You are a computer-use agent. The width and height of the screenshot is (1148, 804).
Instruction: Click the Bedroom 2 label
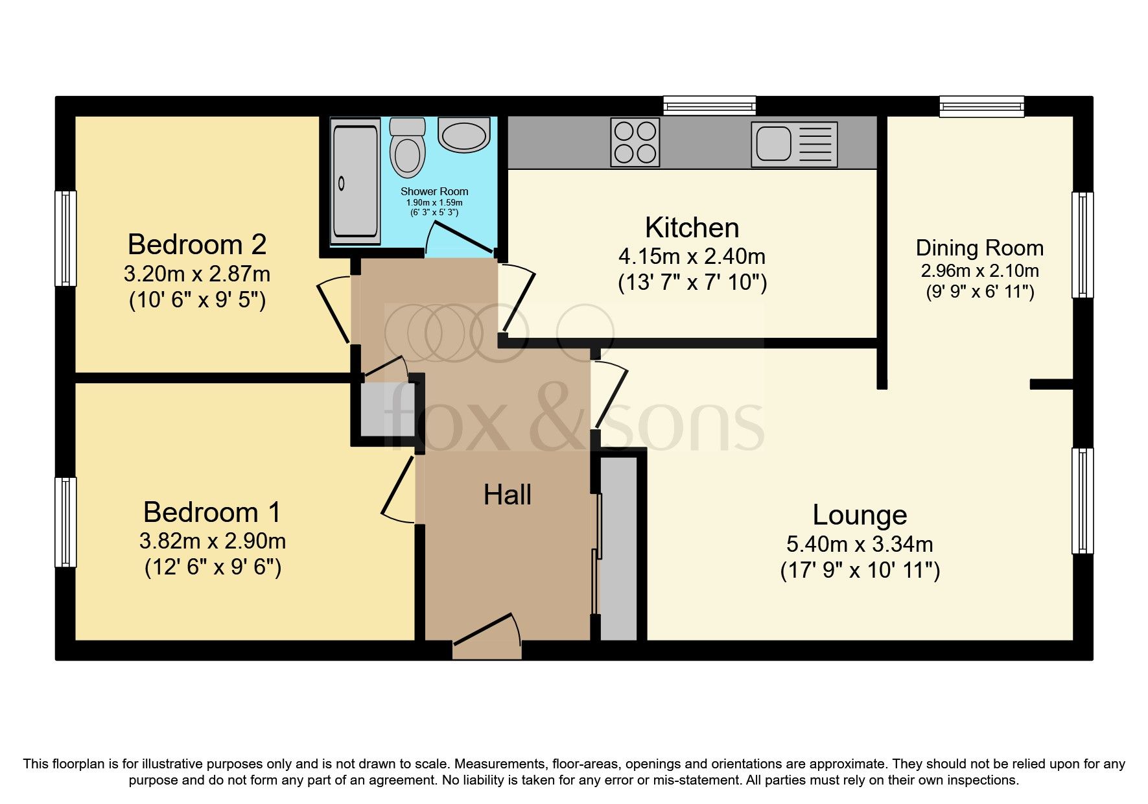pos(197,244)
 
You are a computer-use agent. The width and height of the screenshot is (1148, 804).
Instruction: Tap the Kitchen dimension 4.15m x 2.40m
pos(692,257)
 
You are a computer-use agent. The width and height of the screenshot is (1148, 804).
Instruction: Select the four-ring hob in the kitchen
pos(635,142)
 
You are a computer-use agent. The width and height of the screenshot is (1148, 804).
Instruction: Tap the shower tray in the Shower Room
pos(355,180)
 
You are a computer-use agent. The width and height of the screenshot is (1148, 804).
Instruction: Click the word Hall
pos(508,495)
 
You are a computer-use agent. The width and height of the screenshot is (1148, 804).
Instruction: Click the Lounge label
pos(860,515)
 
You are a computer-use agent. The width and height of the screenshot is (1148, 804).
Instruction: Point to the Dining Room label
pos(979,248)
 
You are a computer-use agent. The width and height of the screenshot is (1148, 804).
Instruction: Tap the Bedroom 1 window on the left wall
pos(65,522)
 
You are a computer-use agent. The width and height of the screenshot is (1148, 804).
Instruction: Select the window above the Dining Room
pos(981,106)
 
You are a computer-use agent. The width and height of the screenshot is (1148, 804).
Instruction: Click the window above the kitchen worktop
pos(709,106)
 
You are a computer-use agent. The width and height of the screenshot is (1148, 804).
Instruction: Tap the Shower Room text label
pos(434,191)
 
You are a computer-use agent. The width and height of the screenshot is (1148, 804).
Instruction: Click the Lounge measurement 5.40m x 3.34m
pos(860,543)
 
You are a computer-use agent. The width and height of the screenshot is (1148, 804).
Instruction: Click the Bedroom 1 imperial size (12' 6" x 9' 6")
pos(212,568)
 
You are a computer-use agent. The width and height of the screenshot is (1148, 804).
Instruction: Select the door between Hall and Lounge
pos(611,396)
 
